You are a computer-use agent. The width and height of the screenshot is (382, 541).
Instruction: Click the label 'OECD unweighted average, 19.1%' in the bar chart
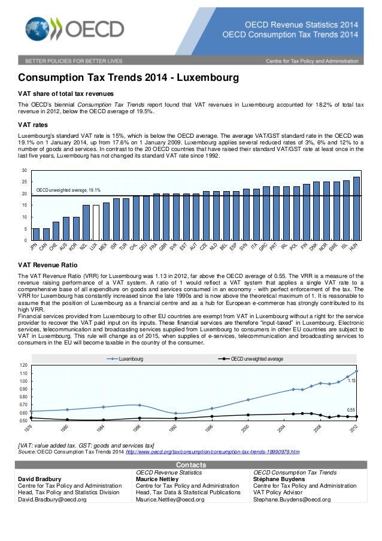coord(68,190)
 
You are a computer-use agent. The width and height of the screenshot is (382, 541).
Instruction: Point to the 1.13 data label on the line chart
coord(352,381)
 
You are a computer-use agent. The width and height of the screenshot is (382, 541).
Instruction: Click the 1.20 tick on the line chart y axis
coord(23,365)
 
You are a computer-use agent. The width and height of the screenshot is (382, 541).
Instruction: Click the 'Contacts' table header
coord(191,465)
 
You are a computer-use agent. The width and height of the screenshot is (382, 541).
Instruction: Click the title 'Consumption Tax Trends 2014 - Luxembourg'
coord(128,78)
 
